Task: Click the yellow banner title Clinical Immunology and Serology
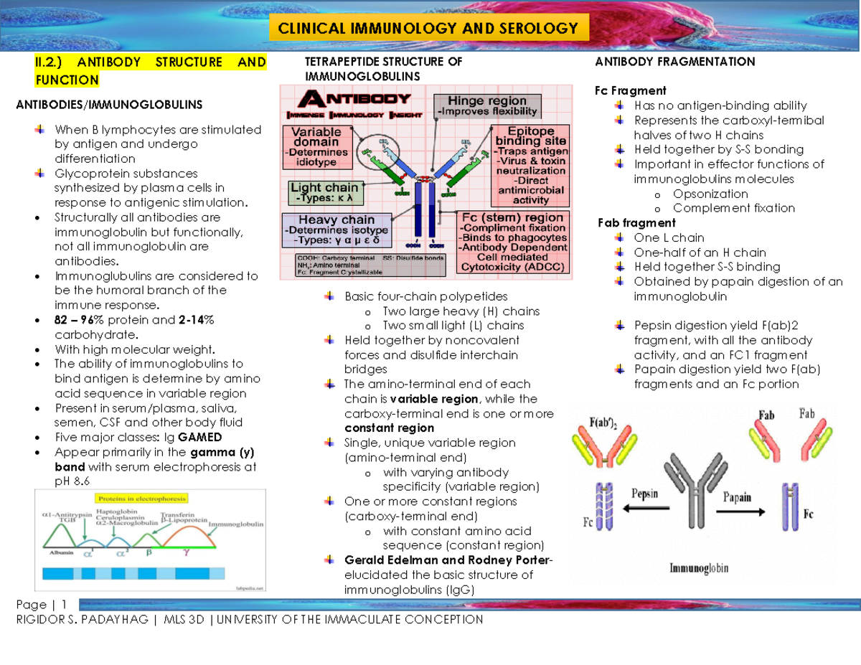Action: (428, 29)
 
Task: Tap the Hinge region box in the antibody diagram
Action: (487, 105)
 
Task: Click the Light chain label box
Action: (324, 192)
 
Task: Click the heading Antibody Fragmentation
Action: (674, 62)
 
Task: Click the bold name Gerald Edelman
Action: (387, 560)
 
